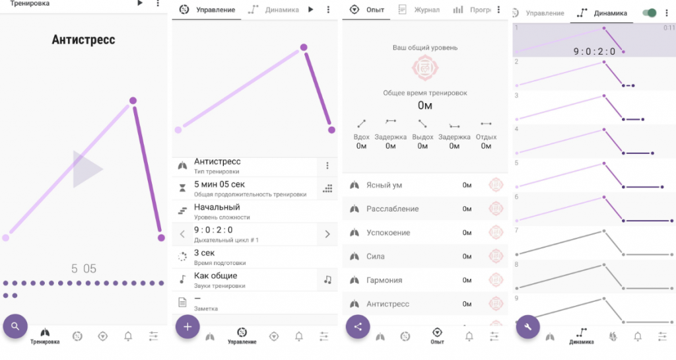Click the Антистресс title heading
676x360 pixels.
[x=83, y=40]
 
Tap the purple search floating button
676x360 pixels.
[x=15, y=326]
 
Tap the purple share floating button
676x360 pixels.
[x=358, y=327]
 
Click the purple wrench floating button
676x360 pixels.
[x=528, y=327]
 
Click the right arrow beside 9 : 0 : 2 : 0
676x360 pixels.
[x=327, y=234]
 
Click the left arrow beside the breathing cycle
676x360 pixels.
[x=182, y=234]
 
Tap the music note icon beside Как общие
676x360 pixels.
[x=327, y=280]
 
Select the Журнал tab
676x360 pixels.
[x=427, y=9]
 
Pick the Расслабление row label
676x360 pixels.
[x=392, y=209]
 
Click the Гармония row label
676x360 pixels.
[x=384, y=280]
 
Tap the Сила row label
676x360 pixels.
[x=375, y=256]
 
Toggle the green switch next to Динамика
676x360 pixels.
[x=650, y=13]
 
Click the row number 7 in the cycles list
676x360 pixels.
[x=516, y=231]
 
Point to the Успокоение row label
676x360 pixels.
[x=388, y=233]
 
